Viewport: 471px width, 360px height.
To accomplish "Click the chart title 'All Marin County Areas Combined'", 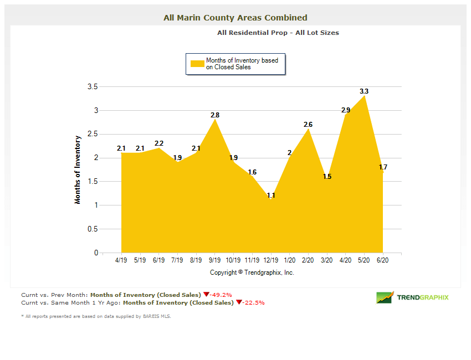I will [235, 18].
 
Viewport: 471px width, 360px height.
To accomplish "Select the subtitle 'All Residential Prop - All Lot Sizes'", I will [278, 33].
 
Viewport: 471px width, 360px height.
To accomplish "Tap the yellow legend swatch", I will [197, 64].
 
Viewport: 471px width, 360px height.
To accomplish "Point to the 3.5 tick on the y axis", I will [93, 87].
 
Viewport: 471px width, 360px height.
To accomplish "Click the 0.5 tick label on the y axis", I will [93, 229].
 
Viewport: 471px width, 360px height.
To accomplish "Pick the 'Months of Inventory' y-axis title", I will [78, 169].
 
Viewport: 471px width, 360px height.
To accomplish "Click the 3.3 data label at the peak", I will [364, 91].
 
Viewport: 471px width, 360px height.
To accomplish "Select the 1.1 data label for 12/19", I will [270, 196].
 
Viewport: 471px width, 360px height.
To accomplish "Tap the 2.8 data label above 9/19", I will [215, 115].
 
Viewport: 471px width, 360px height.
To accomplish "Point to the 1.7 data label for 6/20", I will [383, 167].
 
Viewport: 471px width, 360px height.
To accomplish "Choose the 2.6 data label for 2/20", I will [308, 125].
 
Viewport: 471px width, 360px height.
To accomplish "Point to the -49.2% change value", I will [221, 295].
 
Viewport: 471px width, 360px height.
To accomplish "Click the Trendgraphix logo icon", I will [385, 297].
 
